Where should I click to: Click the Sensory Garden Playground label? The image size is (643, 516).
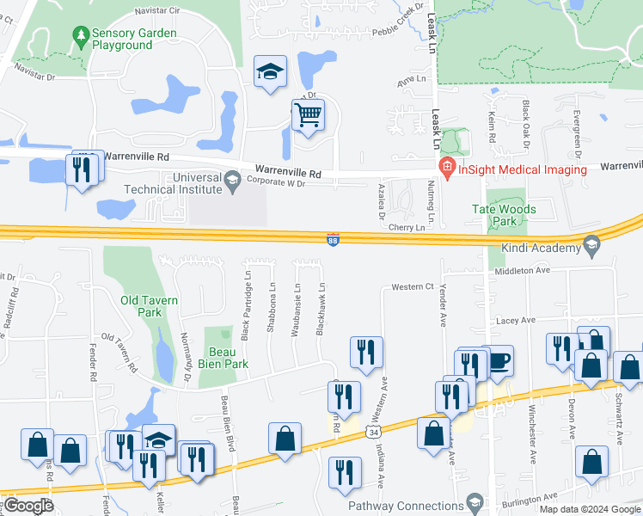[x=134, y=39]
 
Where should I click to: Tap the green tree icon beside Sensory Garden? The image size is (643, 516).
[x=82, y=35]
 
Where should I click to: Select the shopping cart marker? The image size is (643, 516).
[x=308, y=114]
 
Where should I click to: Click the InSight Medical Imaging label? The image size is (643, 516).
[x=522, y=169]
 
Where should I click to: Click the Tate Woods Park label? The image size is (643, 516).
[x=505, y=215]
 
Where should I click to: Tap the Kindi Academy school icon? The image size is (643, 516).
[x=591, y=245]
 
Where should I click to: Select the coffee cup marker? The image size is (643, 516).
[x=498, y=359]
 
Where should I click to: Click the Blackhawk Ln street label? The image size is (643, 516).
[x=321, y=310]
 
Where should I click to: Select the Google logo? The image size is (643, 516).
[x=28, y=506]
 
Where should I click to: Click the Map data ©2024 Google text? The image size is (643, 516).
[x=589, y=509]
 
